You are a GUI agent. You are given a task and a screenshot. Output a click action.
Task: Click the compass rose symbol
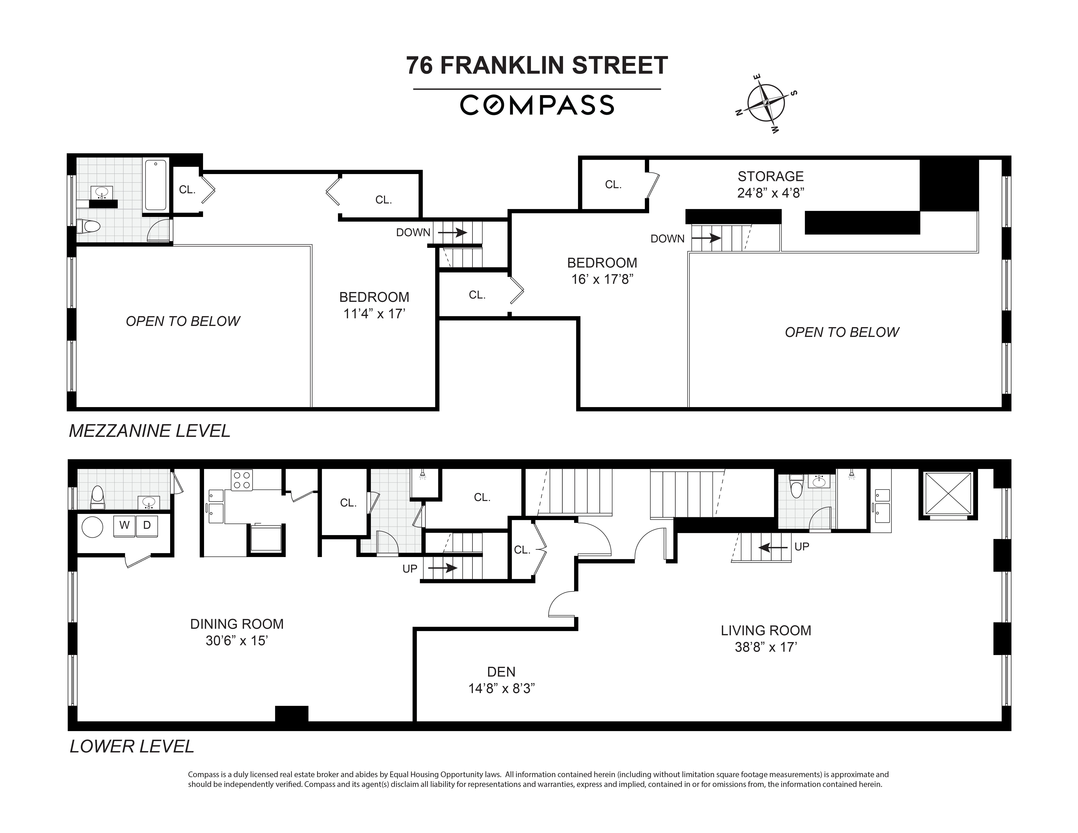point(766,103)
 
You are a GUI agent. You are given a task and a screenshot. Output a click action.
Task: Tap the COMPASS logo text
point(537,105)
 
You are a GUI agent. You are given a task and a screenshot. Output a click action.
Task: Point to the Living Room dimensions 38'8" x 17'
point(766,647)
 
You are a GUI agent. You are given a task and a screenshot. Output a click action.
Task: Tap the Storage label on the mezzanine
point(770,176)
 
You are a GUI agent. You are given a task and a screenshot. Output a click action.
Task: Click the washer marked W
point(124,525)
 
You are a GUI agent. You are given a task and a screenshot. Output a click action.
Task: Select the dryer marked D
point(147,525)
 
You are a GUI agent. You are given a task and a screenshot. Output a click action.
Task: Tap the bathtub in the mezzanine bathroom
point(156,185)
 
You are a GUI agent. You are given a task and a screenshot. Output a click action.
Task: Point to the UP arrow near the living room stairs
point(773,547)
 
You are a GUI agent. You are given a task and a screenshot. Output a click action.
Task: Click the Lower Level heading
point(132,746)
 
